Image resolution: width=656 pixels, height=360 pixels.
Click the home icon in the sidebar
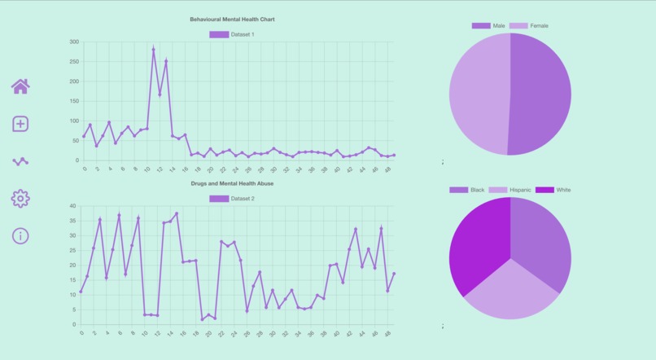point(20,86)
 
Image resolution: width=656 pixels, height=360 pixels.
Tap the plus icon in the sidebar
point(20,124)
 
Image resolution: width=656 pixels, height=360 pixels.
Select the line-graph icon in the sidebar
point(20,161)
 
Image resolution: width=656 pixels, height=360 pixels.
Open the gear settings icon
point(20,198)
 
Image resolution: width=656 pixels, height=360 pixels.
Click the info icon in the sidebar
point(20,236)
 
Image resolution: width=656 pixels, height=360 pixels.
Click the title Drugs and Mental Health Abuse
point(232,183)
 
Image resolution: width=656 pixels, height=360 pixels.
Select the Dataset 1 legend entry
point(232,34)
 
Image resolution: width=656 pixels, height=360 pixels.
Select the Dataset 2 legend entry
point(232,198)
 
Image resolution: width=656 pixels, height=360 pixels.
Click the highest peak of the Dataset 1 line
point(153,49)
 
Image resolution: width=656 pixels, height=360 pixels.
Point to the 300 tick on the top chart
point(74,42)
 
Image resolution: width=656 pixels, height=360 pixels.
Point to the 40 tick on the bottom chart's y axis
point(72,206)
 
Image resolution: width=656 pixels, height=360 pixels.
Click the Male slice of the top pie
point(541,94)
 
